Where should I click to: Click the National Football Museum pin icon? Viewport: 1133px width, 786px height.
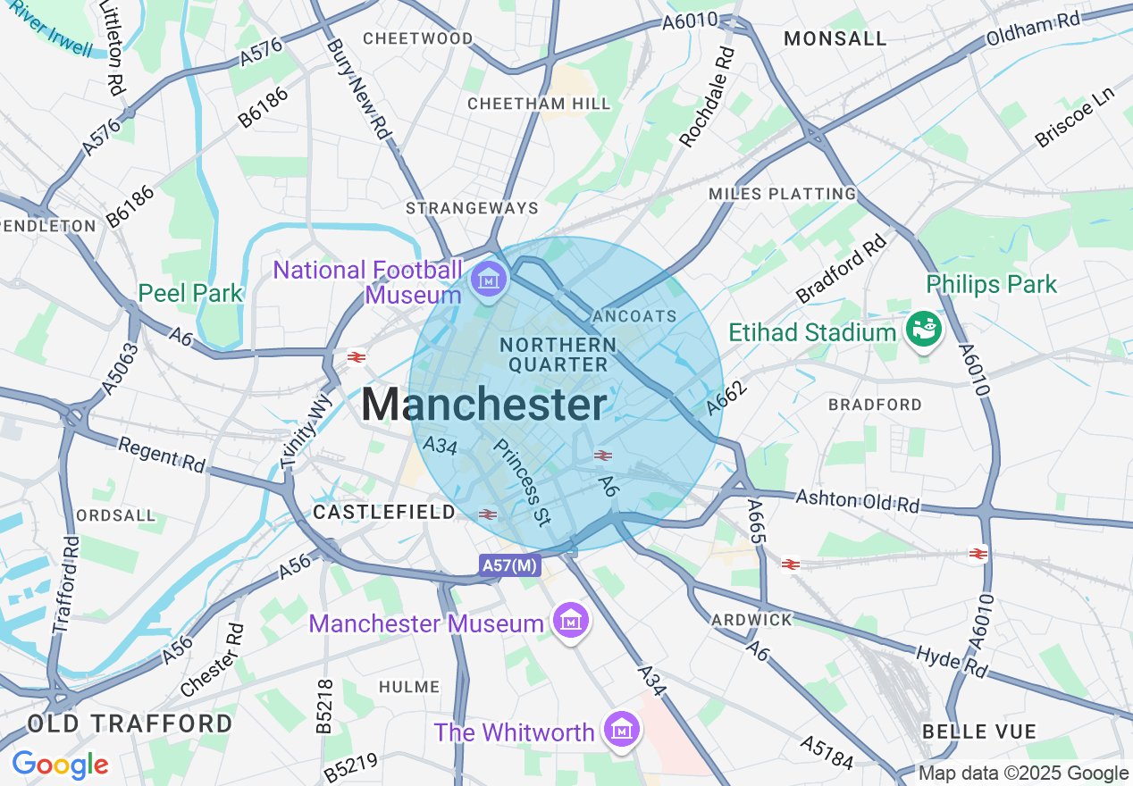[x=489, y=280]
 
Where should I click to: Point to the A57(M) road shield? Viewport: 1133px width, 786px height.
[x=509, y=564]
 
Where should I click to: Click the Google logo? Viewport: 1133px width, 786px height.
[x=60, y=765]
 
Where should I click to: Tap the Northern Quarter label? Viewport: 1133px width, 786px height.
[x=558, y=355]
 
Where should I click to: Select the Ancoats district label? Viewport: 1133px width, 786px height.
[x=634, y=316]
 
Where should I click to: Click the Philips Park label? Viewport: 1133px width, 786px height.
[x=991, y=285]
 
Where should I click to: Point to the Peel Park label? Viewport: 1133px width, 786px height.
[x=190, y=293]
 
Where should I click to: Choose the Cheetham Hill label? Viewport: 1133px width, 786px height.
[x=540, y=104]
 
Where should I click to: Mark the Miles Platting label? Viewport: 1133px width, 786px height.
[x=783, y=194]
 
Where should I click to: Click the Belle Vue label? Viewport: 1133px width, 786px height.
[x=979, y=732]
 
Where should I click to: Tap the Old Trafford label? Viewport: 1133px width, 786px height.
[x=130, y=723]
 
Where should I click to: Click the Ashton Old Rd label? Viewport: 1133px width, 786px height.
[x=857, y=501]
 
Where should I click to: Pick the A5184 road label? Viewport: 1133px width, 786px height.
[x=827, y=752]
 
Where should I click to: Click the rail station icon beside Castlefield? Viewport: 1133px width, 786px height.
[x=487, y=514]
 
